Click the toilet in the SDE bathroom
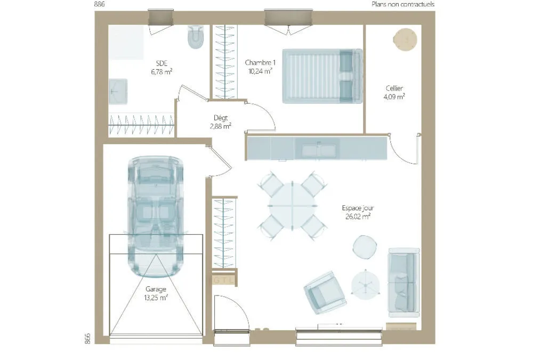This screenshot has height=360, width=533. [196, 37]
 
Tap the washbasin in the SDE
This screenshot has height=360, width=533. [118, 92]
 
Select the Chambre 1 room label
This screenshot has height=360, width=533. [260, 62]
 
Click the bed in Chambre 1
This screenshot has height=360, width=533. [322, 76]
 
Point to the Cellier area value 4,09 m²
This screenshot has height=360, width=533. [394, 97]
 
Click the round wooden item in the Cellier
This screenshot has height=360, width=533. [405, 40]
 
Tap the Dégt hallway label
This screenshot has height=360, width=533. [221, 118]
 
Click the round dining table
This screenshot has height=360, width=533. [292, 206]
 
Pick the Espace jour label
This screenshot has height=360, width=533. [358, 208]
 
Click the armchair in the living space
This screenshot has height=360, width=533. [325, 292]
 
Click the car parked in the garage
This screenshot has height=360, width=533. [156, 217]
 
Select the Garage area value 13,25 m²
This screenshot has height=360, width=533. [156, 298]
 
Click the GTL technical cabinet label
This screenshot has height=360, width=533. [223, 281]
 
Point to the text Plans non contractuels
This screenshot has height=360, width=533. [403, 4]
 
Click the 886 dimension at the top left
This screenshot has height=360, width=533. [99, 4]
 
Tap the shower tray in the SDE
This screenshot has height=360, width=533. [126, 42]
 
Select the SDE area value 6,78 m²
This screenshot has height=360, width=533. [161, 72]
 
